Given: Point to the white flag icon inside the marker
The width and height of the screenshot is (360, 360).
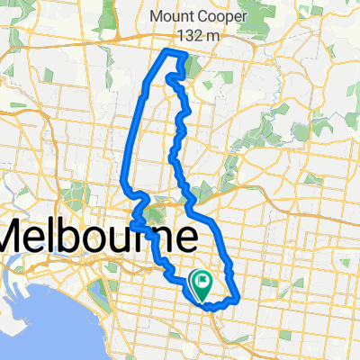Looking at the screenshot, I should pos(203,283).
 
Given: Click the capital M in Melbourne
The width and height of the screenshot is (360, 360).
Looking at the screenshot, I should pos(20,238).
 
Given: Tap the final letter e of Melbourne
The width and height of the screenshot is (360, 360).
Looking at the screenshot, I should pos(185,241).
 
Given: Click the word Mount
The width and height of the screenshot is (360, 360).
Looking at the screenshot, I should pos(167,16).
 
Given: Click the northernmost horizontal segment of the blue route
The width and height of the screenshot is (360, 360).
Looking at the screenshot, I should pos(174,54).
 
